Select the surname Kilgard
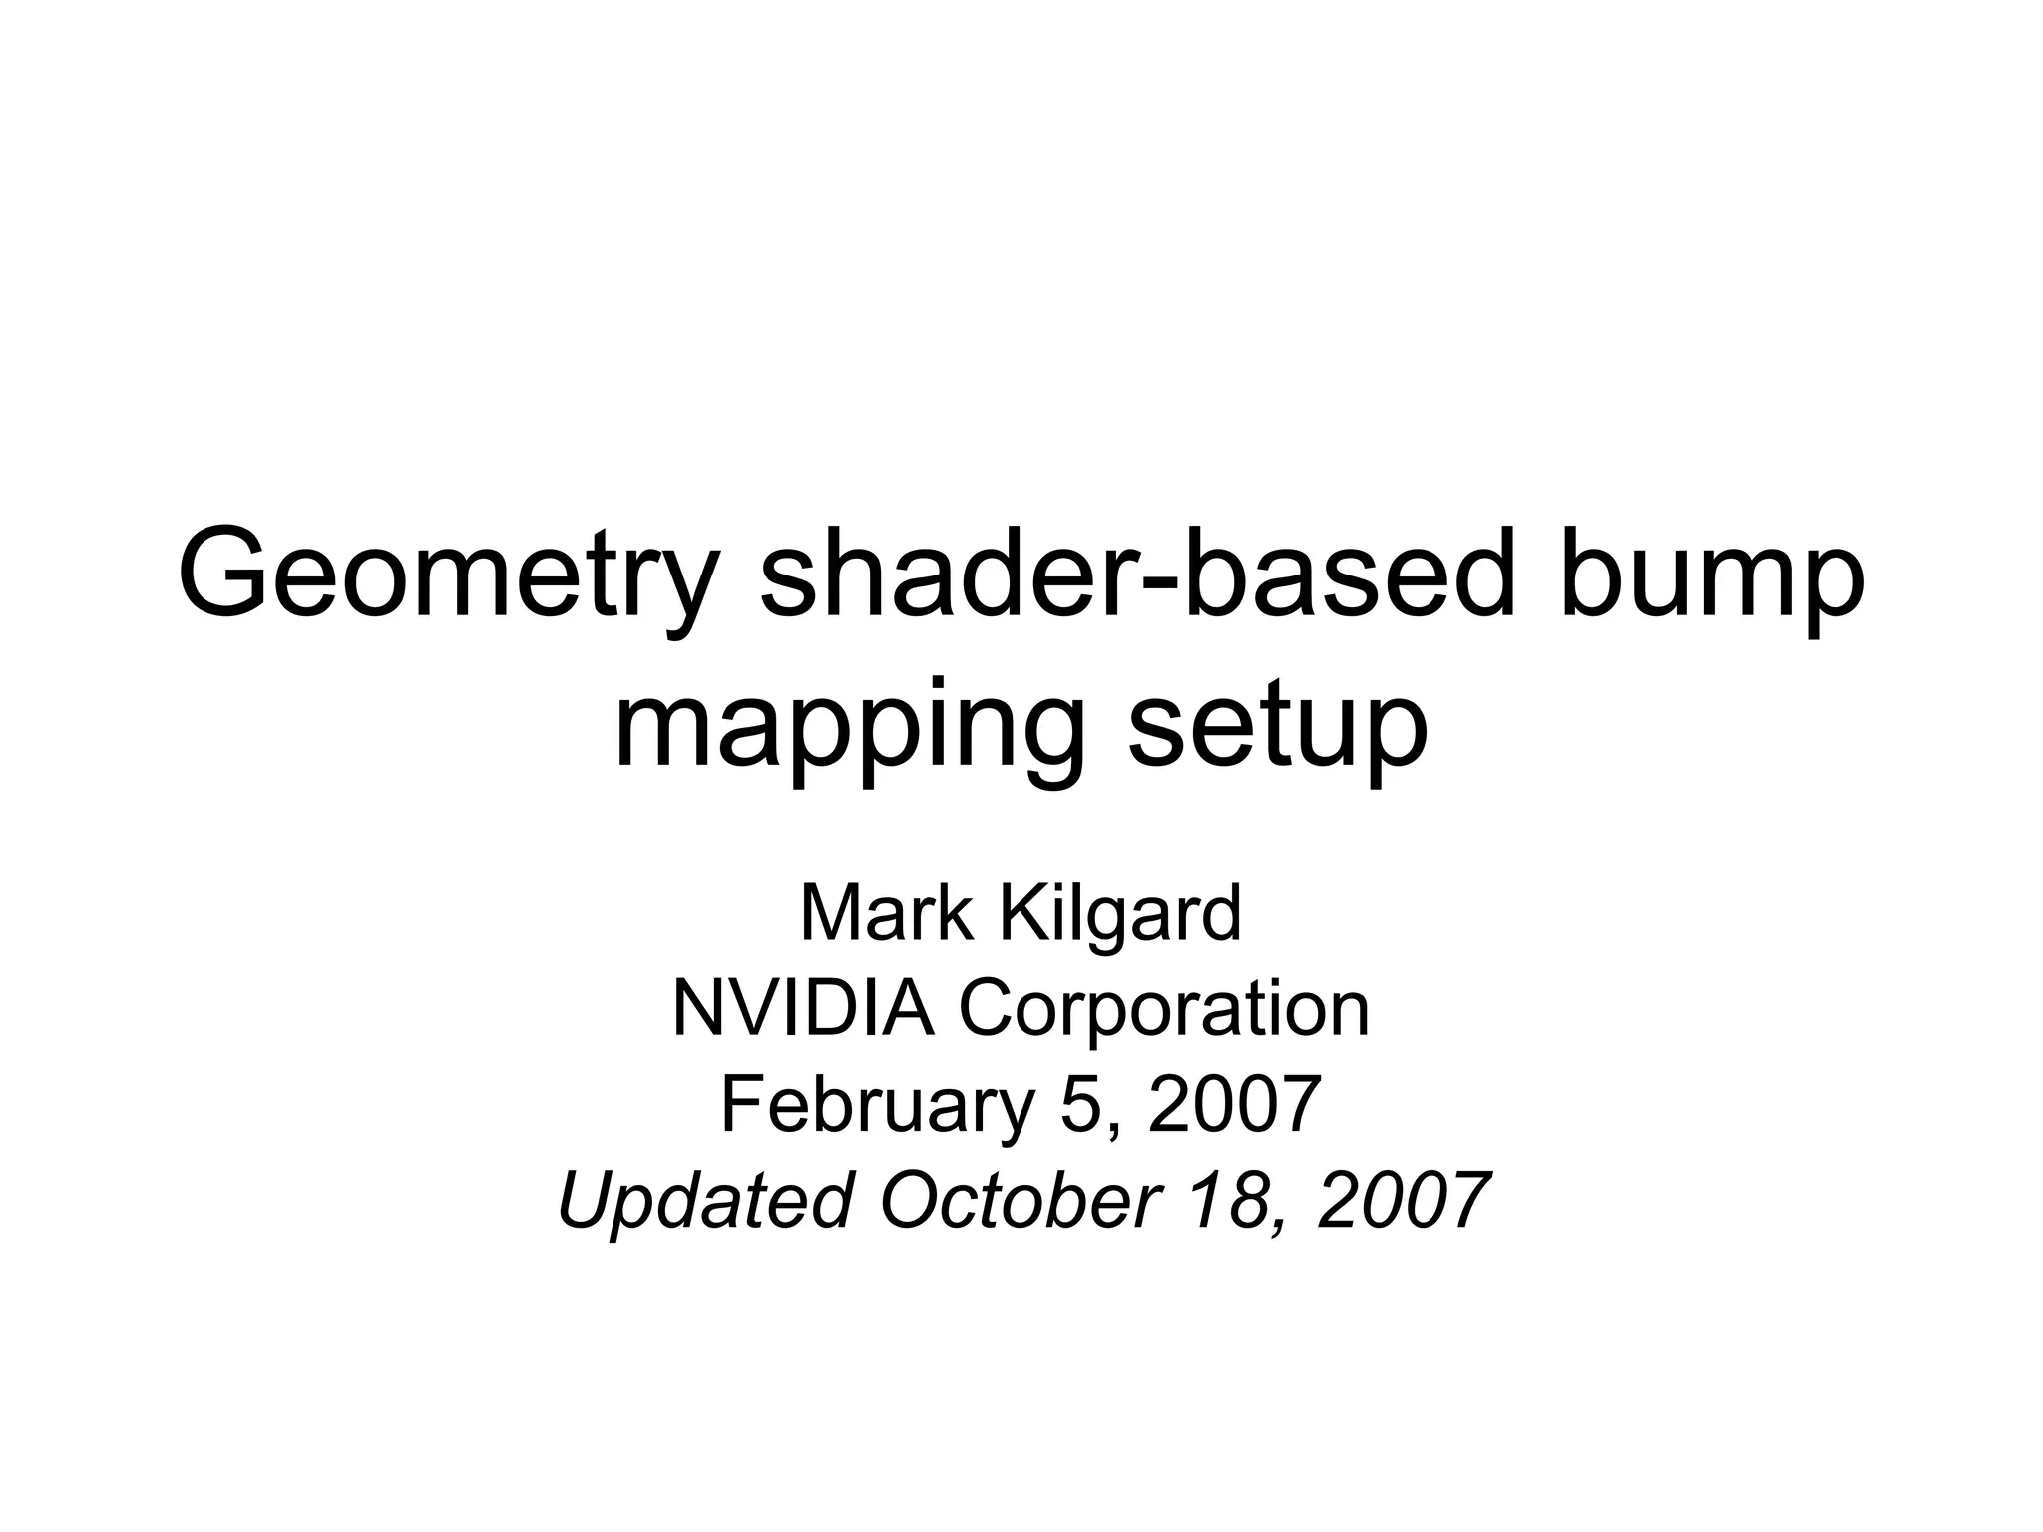point(1121,913)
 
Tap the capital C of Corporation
point(987,1007)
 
